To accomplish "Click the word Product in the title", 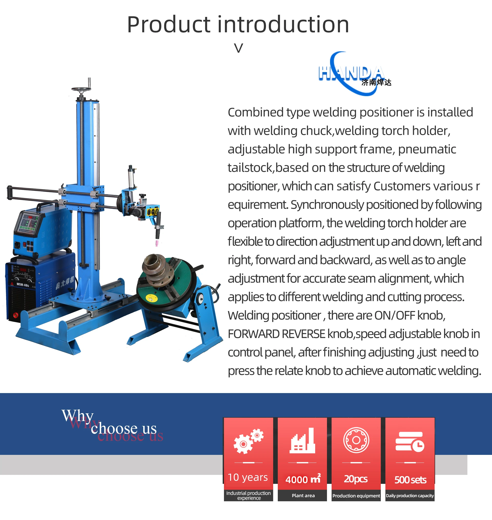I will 169,25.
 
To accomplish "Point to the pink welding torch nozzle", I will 157,243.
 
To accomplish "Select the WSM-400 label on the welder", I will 23,285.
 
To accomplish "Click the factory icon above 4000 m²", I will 302,441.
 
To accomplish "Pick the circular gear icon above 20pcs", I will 356,440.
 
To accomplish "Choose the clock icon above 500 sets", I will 410,441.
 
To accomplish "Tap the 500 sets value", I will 411,480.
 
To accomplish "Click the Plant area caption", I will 303,496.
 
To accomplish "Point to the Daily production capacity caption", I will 410,496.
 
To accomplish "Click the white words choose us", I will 124,429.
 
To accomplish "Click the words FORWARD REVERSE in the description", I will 276,334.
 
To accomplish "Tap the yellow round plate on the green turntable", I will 151,297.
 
